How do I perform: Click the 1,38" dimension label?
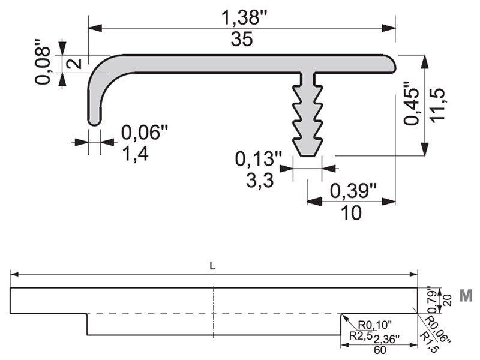click(244, 17)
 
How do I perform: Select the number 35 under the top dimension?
click(242, 39)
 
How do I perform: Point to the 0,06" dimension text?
click(145, 132)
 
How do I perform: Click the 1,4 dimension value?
click(135, 154)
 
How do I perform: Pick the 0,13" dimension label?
click(258, 158)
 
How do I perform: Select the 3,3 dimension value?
click(260, 180)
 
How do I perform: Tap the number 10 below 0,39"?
click(351, 213)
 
